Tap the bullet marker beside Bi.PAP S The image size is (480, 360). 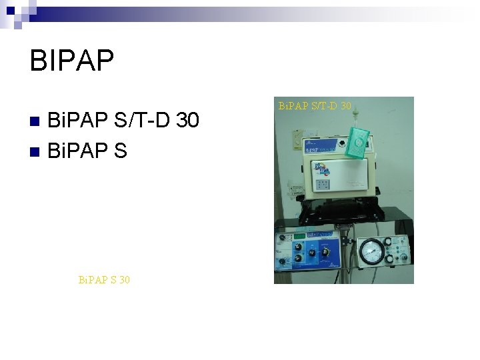(x=37, y=151)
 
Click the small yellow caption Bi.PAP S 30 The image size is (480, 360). (x=104, y=280)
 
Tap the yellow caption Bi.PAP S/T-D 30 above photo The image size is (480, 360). (x=314, y=105)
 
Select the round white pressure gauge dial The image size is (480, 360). (x=372, y=253)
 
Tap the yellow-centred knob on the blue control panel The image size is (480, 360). (x=311, y=253)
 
